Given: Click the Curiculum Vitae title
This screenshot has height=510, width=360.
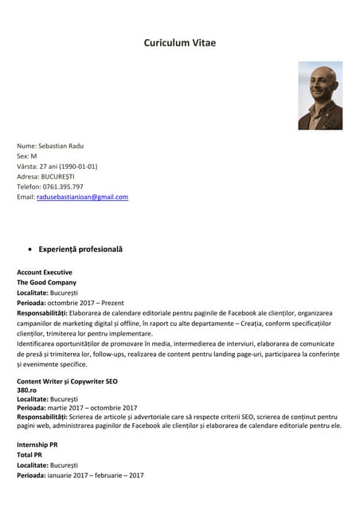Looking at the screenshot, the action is (179, 43).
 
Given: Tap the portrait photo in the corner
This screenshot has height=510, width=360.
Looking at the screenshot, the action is (320, 96).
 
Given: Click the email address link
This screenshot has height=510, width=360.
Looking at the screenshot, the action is (82, 196).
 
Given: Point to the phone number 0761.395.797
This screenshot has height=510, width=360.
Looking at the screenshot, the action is (63, 186).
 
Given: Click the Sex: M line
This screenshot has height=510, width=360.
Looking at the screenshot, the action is (27, 156).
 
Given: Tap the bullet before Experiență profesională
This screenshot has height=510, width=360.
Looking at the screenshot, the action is (30, 249).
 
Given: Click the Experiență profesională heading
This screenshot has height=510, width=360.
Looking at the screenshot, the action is (80, 249).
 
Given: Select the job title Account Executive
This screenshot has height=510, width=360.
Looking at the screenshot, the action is (45, 273).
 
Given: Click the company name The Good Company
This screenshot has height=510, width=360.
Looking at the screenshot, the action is (47, 283).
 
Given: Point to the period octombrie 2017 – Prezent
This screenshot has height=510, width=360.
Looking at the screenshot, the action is (85, 303).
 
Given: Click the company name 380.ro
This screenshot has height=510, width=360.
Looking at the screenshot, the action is (26, 390).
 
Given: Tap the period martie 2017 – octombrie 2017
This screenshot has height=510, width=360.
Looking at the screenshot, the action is (92, 407).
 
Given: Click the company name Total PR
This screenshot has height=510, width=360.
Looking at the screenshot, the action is (30, 454).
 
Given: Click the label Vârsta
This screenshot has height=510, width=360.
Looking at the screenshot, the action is (27, 166).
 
